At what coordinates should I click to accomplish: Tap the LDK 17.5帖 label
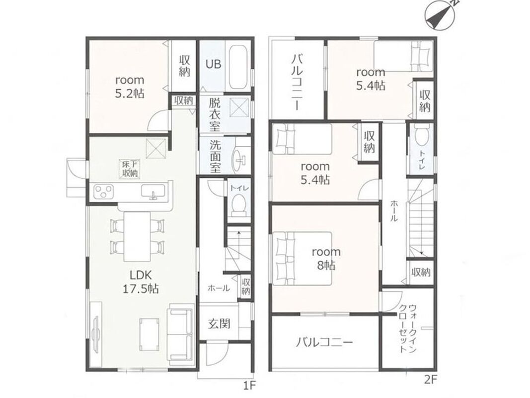click(140, 281)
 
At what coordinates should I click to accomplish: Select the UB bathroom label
click(213, 64)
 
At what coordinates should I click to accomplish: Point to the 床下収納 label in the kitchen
click(130, 169)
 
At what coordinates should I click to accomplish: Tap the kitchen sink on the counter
click(153, 193)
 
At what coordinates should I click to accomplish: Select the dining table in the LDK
click(137, 236)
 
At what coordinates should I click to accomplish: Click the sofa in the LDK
click(181, 331)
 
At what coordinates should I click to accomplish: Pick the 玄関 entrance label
click(219, 324)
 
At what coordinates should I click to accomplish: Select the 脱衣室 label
click(215, 114)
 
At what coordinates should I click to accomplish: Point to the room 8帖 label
click(326, 259)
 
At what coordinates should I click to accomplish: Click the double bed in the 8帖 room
click(302, 259)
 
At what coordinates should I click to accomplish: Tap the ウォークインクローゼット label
click(407, 328)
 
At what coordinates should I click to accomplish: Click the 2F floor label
click(430, 380)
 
